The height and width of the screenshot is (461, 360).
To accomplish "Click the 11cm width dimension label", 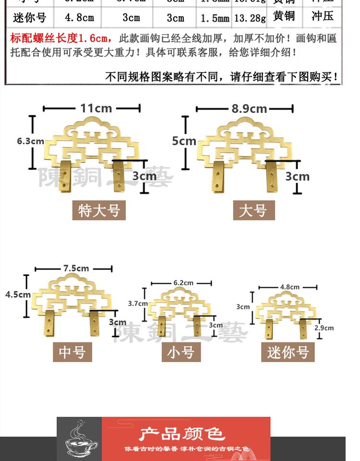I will (x=96, y=108).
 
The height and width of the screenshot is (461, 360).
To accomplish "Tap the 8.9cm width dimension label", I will (x=249, y=109).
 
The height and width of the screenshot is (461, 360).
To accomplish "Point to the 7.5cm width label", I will (x=75, y=268).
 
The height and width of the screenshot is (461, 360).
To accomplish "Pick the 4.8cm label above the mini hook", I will (x=289, y=287).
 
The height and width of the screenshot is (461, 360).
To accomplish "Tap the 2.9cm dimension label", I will (x=324, y=328).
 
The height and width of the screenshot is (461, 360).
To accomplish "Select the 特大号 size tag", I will (x=99, y=210).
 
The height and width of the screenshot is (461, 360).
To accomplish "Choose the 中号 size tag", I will (x=72, y=352).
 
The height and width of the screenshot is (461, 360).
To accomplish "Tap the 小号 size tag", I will (x=180, y=353).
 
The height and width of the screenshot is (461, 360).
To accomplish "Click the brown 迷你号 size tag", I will (x=288, y=353).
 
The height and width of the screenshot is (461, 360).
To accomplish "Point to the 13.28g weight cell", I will (x=250, y=19).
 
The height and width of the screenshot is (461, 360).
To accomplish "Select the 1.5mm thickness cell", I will (x=215, y=19).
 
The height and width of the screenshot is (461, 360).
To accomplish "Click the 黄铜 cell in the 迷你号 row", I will (x=284, y=17).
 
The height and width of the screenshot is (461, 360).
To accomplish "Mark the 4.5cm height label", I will (x=18, y=294).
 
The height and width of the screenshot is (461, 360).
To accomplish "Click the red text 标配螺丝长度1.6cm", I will (x=60, y=38).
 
